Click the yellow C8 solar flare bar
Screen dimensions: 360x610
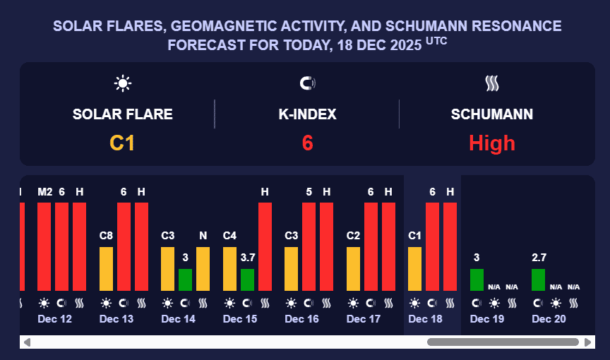pos(106,268)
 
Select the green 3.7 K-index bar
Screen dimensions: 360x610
pos(247,280)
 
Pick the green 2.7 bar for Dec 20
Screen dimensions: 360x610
pos(538,280)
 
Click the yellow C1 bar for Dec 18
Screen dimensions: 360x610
pos(415,268)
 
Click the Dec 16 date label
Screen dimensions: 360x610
pos(301,319)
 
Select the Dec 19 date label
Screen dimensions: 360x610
pos(487,319)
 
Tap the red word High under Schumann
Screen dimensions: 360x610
pos(492,143)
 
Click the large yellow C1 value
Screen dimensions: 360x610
pos(122,143)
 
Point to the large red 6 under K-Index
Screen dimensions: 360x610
pos(307,143)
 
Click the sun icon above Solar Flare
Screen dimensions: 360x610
pos(123,84)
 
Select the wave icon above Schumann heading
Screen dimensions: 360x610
pos(492,84)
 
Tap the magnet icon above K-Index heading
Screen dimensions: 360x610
pos(307,84)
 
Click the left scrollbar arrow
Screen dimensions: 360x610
pos(27,342)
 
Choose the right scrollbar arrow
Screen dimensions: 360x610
pos(588,342)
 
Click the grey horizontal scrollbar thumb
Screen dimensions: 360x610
pos(503,342)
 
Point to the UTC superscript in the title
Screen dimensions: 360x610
pos(436,42)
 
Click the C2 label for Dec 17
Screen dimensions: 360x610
pos(354,235)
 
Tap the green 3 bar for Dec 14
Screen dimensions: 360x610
pos(185,280)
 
